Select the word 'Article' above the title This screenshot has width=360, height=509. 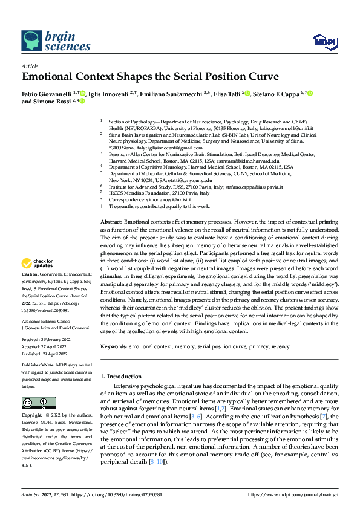30,66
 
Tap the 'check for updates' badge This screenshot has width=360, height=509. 37,263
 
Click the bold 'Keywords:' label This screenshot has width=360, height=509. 115,346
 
